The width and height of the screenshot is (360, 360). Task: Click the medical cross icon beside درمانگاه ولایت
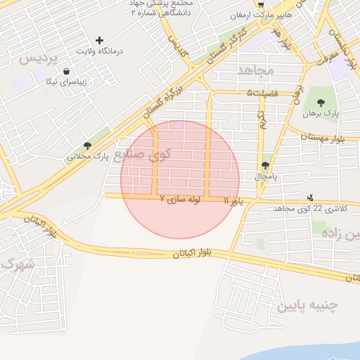click(99, 40)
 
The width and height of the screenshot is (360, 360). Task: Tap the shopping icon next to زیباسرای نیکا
click(66, 71)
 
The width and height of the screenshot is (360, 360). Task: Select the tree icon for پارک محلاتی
click(87, 146)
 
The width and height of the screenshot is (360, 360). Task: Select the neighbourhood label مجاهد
click(255, 70)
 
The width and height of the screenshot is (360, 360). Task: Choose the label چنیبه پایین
click(307, 306)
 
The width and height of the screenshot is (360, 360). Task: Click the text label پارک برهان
click(321, 112)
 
